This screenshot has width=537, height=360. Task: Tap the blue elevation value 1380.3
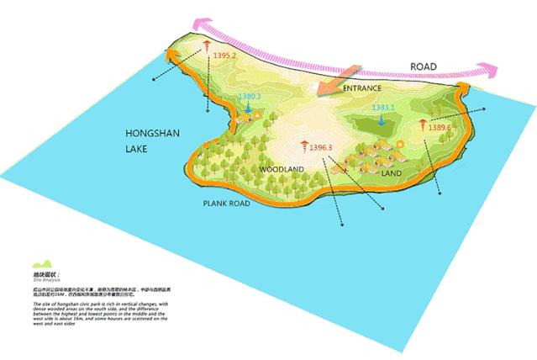pos(250,97)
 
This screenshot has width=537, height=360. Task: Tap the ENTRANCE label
pos(362,87)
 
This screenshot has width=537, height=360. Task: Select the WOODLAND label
pos(282,169)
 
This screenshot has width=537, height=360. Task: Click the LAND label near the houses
pos(392,173)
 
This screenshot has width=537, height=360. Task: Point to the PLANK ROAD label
pos(228,204)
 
